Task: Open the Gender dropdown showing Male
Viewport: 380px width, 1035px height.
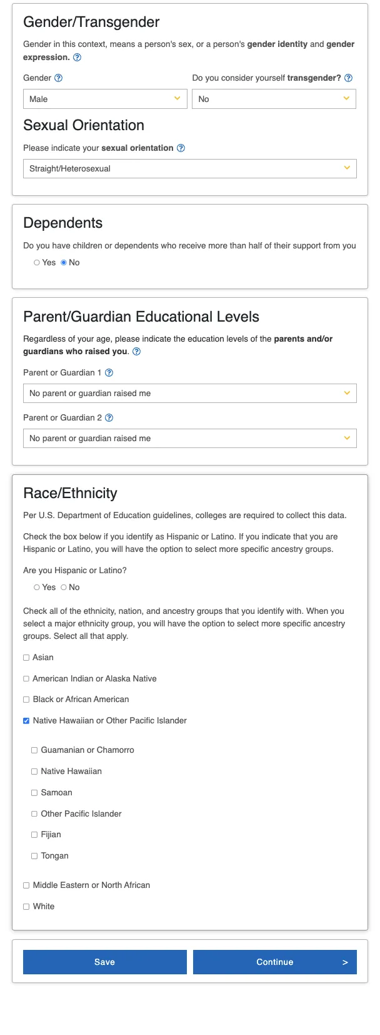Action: (105, 99)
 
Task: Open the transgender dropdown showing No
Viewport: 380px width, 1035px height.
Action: (274, 99)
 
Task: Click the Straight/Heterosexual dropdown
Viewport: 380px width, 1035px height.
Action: (189, 168)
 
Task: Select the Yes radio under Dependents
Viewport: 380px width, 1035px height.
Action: (37, 263)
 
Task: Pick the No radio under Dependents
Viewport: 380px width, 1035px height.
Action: (64, 263)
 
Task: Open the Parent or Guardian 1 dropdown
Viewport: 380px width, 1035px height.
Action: (189, 393)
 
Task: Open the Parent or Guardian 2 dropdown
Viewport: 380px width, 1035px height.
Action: (189, 438)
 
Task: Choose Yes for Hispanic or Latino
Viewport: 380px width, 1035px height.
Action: (37, 588)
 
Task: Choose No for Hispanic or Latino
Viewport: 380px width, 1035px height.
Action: (64, 588)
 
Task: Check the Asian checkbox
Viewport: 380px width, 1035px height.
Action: (26, 658)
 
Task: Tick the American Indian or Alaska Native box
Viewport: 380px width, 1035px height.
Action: (26, 679)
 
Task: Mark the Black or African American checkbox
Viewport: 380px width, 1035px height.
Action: (26, 700)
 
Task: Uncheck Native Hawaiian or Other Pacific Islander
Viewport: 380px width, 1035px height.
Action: (26, 721)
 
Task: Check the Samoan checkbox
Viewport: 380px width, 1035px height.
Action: (34, 793)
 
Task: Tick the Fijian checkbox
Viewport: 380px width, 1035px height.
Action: (34, 835)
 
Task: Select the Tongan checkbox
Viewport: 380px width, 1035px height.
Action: (34, 856)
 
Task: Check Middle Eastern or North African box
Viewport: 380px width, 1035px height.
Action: (26, 885)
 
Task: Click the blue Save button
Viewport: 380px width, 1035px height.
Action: (105, 962)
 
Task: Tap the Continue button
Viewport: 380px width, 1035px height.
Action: (275, 962)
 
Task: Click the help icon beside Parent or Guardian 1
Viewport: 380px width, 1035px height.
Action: (109, 373)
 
